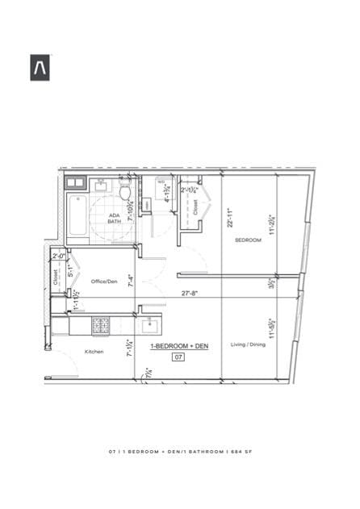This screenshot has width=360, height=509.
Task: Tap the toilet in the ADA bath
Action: [x=125, y=191]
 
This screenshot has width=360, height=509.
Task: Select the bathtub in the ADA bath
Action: [x=77, y=215]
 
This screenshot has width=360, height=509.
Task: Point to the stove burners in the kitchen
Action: [x=102, y=326]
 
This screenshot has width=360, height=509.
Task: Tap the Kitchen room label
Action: [x=94, y=352]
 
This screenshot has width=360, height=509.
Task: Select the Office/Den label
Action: [x=104, y=282]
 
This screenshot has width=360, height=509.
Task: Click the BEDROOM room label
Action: [x=248, y=240]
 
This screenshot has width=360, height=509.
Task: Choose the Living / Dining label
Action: [x=247, y=344]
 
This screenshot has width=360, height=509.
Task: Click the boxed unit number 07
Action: [x=178, y=356]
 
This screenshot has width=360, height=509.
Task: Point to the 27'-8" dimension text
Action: [x=190, y=294]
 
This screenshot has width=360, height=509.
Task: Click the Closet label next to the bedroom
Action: [x=195, y=207]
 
